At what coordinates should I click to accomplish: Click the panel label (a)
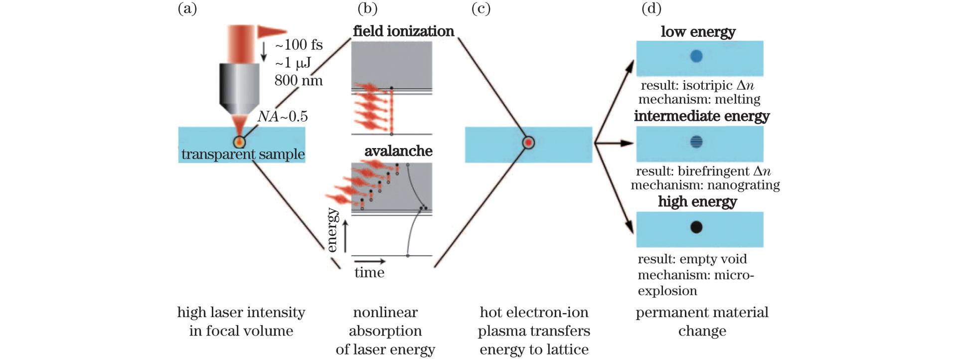187,8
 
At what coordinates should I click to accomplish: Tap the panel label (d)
651,8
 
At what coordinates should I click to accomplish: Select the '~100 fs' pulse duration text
299,45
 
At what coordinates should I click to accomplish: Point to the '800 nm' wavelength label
299,80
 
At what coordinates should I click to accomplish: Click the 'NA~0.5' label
283,117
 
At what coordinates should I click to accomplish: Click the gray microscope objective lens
239,87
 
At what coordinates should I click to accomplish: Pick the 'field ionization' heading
403,31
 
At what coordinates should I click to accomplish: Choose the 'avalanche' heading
398,151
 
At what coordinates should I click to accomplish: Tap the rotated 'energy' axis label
332,230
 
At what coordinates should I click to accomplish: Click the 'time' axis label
369,272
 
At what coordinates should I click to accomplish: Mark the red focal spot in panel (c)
529,143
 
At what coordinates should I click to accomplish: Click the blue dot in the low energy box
696,56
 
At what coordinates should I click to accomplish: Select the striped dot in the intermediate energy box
696,142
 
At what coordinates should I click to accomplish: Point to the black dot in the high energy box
696,227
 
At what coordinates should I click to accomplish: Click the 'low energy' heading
698,32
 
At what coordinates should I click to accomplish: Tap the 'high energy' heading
697,202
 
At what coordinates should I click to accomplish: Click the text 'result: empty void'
692,259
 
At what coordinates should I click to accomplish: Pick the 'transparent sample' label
243,154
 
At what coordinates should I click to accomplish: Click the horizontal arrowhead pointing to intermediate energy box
629,144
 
